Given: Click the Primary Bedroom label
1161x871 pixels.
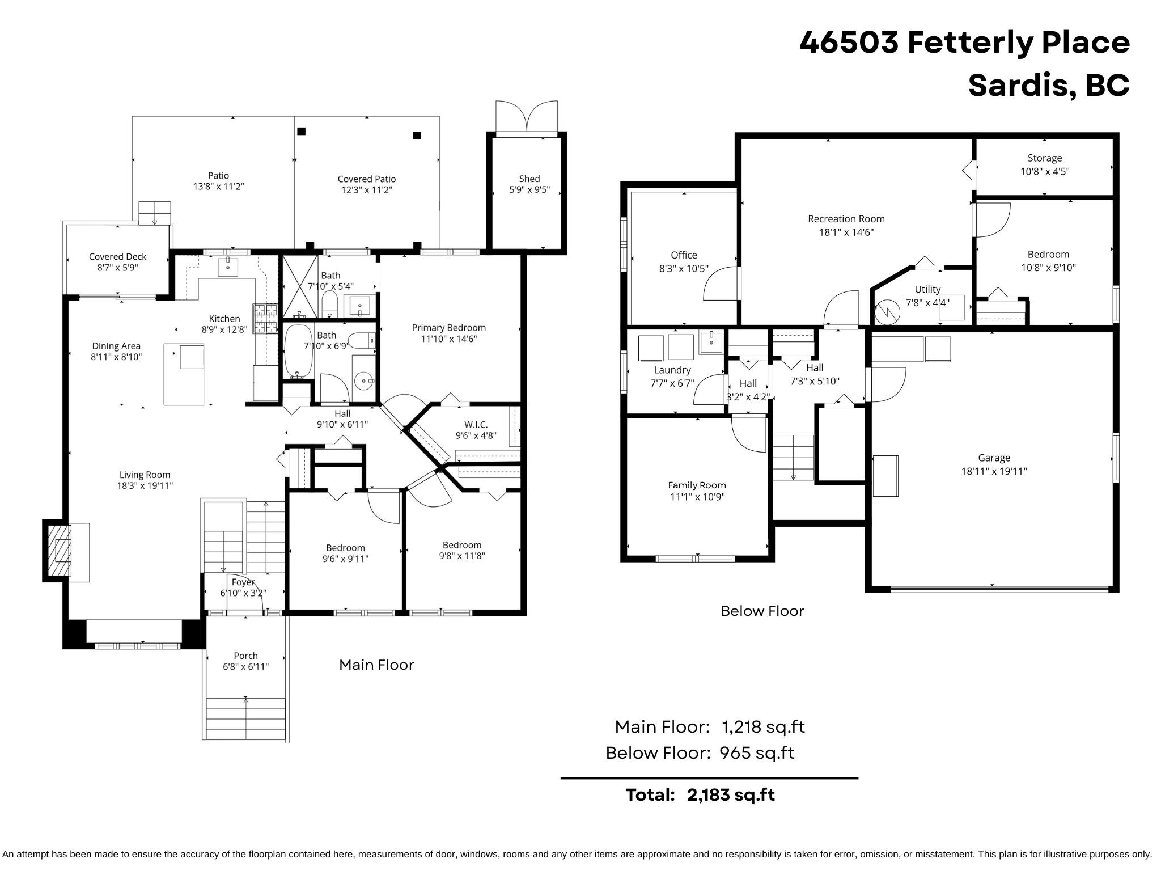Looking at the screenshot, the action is point(448,328).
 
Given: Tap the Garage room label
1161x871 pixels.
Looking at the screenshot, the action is point(994,458).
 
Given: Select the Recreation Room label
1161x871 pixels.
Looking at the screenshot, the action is point(846,219).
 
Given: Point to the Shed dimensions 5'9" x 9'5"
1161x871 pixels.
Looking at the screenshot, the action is point(529,191).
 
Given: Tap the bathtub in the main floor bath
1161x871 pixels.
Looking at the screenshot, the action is point(298,352).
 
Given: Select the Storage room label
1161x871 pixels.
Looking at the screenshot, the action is point(1045,158).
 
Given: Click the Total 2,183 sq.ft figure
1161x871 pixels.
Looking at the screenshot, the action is point(731,795).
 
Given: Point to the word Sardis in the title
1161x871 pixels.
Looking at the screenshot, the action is point(1018,86).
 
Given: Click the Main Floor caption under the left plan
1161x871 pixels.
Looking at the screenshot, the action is point(376,665).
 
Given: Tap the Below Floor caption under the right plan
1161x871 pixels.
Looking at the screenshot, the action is point(762,611).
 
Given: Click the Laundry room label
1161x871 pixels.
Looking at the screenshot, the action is point(672,370).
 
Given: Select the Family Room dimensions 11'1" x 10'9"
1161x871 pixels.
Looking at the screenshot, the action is point(697,497).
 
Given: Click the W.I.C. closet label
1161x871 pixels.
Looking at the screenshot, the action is point(476,425).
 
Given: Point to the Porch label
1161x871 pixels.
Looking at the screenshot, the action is point(245,656).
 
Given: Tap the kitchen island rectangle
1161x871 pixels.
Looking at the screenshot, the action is point(184,375).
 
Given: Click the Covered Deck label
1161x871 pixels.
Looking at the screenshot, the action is point(117,257).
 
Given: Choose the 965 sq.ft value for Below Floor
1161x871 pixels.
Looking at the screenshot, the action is point(757,753).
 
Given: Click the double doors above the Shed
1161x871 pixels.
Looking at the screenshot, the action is point(527,118).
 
